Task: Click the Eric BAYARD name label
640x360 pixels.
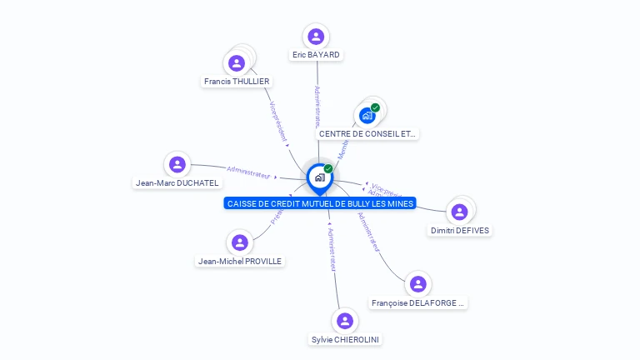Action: tap(316, 55)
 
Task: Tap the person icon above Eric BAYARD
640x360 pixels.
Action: tap(316, 37)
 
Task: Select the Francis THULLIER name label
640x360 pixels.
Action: tap(237, 82)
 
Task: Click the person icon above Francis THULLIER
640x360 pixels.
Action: tap(237, 62)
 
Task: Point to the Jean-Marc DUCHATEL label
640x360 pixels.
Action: tap(177, 183)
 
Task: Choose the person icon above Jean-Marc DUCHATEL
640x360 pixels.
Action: tap(177, 164)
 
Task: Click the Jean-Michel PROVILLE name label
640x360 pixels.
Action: tap(240, 261)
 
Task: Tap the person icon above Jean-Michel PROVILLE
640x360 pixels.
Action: tap(240, 242)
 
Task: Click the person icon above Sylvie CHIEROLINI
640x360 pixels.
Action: tap(344, 321)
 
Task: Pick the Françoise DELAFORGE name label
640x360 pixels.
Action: tap(418, 303)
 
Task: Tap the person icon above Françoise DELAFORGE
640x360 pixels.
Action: tap(418, 284)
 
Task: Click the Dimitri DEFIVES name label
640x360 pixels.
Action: tap(460, 231)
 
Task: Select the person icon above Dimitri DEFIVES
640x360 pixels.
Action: tap(459, 212)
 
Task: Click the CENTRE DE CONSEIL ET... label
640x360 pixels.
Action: tap(367, 133)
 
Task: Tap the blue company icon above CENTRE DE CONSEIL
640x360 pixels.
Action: tap(367, 115)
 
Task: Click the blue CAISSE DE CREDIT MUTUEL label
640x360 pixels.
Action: tap(320, 203)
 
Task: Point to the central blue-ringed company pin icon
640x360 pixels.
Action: tap(319, 177)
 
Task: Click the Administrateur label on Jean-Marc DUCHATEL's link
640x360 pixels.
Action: tap(249, 174)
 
